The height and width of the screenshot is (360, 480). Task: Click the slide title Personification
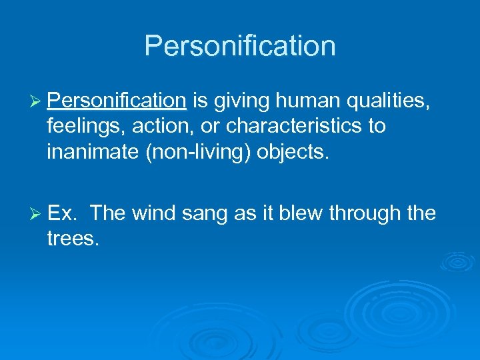(240, 46)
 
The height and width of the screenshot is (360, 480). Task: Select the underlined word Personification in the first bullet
(117, 101)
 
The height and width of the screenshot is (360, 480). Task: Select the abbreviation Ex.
(64, 213)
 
